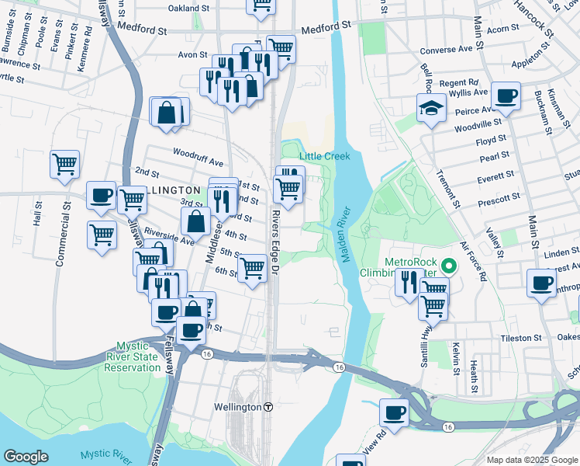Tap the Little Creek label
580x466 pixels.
[x=325, y=156]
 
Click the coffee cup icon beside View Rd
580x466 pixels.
[x=394, y=412]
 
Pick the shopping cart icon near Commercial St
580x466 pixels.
[x=64, y=163]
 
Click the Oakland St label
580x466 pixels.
[x=190, y=8]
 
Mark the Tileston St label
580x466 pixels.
[x=520, y=338]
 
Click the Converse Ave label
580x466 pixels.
[x=446, y=49]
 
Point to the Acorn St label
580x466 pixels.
[x=502, y=29]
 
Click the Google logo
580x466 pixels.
[x=26, y=457]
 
